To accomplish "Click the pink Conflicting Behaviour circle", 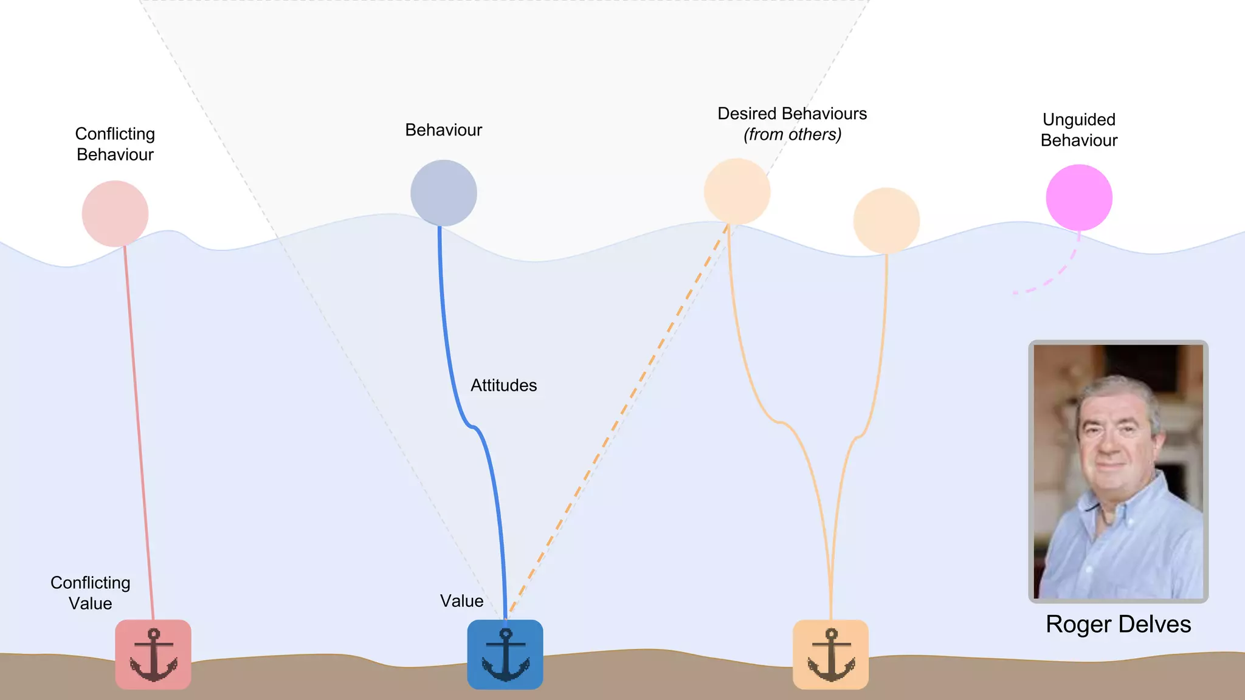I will [x=115, y=213].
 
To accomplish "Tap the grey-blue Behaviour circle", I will [x=443, y=193].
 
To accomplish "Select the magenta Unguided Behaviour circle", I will [x=1079, y=197].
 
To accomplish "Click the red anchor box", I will [x=153, y=654].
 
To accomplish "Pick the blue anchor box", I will [x=505, y=654].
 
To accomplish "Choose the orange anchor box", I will [x=830, y=654].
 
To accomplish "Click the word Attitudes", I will [x=503, y=385].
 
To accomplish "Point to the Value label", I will [x=461, y=601].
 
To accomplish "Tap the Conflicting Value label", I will [x=90, y=593].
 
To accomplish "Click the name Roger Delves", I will [x=1118, y=624].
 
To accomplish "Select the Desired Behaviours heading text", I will [x=791, y=114].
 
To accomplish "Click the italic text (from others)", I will [x=792, y=134].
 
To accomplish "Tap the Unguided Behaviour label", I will [x=1079, y=130].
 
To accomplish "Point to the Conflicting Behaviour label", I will [x=115, y=144].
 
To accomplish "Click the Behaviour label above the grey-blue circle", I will [x=443, y=130].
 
